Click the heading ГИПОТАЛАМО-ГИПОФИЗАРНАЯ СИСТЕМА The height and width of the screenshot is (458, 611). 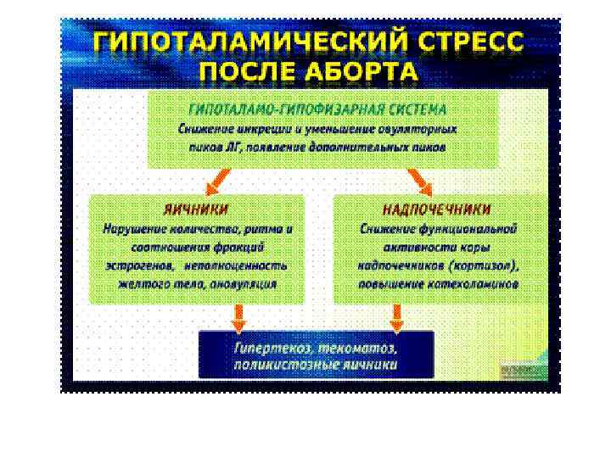(x=317, y=110)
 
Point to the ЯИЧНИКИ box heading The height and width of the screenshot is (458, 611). (x=196, y=209)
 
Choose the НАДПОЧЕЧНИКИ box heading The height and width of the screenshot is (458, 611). (x=437, y=209)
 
